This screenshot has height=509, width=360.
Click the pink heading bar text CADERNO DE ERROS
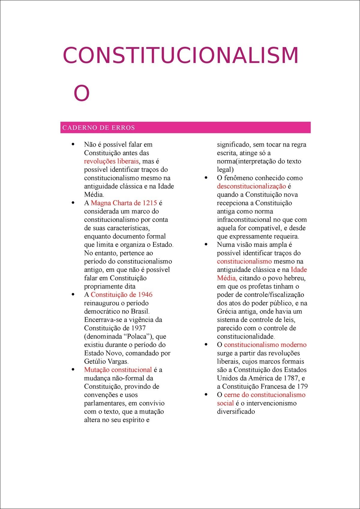point(99,128)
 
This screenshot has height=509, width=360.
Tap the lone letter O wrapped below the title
point(82,93)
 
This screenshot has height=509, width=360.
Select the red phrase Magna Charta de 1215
point(124,203)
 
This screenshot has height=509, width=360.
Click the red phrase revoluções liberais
point(111,161)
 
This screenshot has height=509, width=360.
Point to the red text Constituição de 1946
point(121,295)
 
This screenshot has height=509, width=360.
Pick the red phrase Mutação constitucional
point(118,370)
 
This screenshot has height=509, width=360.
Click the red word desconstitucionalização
point(251,186)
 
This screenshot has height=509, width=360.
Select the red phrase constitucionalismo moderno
point(265,345)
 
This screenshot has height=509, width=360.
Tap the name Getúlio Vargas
point(106,362)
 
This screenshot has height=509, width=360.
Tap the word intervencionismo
point(271,403)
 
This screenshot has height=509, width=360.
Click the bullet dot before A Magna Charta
point(73,203)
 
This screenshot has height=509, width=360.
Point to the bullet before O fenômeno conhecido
point(206,177)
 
